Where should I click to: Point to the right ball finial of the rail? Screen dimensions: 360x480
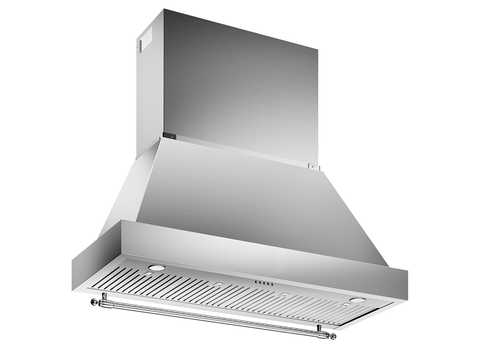point(333,337)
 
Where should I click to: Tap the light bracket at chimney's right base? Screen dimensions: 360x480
point(313,166)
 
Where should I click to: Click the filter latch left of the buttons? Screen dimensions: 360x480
point(216,284)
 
